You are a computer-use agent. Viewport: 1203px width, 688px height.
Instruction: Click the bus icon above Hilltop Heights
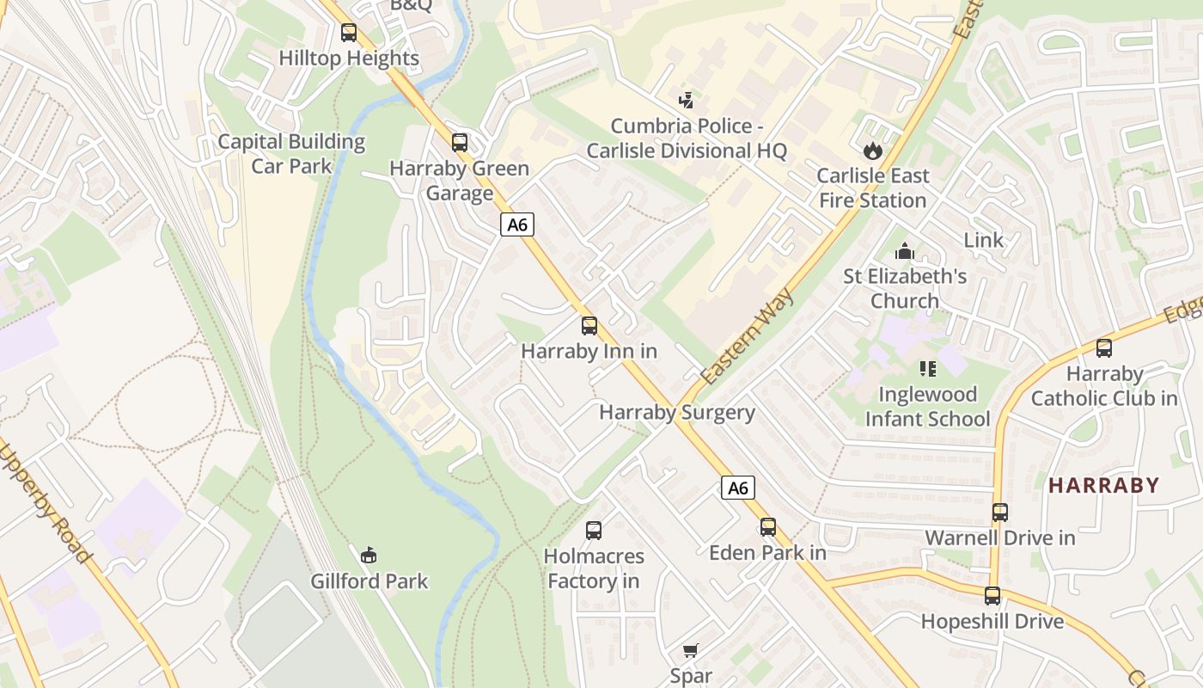point(348,33)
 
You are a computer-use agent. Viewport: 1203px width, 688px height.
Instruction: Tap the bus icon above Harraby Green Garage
point(460,142)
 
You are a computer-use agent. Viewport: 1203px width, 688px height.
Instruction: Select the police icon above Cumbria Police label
point(686,101)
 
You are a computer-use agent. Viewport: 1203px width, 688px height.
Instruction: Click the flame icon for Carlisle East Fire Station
point(872,150)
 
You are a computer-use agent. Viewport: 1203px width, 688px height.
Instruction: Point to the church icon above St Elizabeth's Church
point(904,251)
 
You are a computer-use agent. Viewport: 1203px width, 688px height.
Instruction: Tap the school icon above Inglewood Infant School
point(927,369)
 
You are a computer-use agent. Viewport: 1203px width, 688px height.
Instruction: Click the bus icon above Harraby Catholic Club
point(1104,348)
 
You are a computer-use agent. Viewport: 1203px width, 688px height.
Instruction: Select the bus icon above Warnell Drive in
point(1000,513)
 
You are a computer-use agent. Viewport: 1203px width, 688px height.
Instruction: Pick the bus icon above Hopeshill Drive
point(992,596)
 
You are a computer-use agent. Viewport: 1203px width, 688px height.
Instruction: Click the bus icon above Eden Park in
point(767,527)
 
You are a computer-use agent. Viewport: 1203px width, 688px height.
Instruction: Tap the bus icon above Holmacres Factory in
point(593,531)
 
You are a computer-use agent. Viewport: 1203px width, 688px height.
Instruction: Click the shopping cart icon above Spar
point(691,650)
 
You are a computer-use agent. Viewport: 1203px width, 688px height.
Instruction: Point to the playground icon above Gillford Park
point(369,556)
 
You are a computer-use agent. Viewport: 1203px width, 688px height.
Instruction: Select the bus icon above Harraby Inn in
point(589,326)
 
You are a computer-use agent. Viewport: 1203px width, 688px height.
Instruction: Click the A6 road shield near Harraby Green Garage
point(516,225)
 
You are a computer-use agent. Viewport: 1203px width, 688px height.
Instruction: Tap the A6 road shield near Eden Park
point(737,488)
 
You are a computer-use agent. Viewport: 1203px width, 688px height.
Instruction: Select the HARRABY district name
point(1104,485)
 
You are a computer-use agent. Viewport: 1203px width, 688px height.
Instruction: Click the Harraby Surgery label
point(677,412)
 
